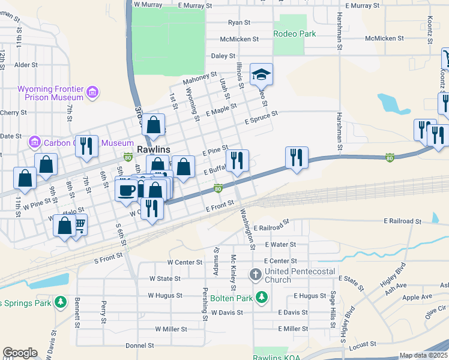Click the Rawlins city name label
(x=154, y=149)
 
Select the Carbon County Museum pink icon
(x=34, y=143)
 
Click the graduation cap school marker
(x=261, y=74)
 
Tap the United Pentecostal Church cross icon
(x=255, y=275)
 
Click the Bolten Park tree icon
(x=261, y=297)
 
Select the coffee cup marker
(x=126, y=190)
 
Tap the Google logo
(x=20, y=353)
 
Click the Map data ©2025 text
(x=423, y=355)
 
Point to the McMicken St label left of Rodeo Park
(x=239, y=38)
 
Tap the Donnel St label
(x=139, y=346)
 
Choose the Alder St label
(x=26, y=64)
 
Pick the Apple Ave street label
(x=417, y=298)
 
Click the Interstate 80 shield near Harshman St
(x=390, y=158)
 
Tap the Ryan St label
(x=238, y=23)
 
